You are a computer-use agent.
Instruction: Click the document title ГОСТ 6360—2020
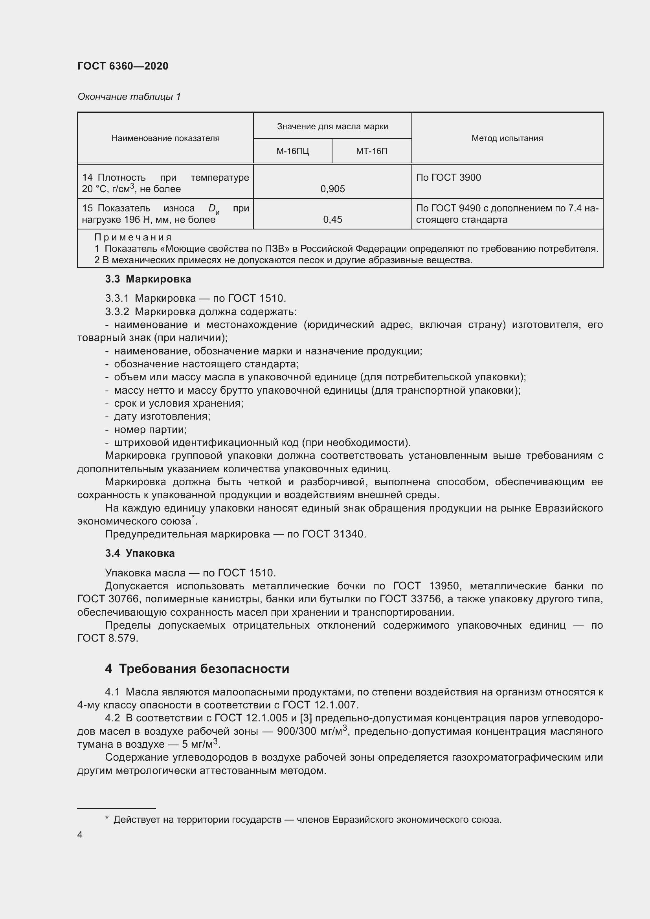[123, 66]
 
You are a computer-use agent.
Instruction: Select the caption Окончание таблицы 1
[129, 97]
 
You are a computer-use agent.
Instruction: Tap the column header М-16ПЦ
[293, 151]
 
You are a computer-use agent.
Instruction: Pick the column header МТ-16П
[371, 151]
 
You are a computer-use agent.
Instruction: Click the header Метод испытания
[507, 138]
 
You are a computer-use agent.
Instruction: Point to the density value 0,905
[332, 189]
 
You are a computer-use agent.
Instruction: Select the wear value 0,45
[332, 219]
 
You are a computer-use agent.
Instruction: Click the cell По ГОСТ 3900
[448, 178]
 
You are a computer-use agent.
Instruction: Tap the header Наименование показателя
[165, 138]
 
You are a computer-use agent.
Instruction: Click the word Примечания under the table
[133, 237]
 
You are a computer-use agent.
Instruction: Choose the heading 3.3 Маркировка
[148, 279]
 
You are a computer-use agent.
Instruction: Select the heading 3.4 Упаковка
[140, 553]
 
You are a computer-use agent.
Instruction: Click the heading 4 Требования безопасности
[197, 669]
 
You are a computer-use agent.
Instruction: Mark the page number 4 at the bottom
[80, 835]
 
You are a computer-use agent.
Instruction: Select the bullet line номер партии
[150, 429]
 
